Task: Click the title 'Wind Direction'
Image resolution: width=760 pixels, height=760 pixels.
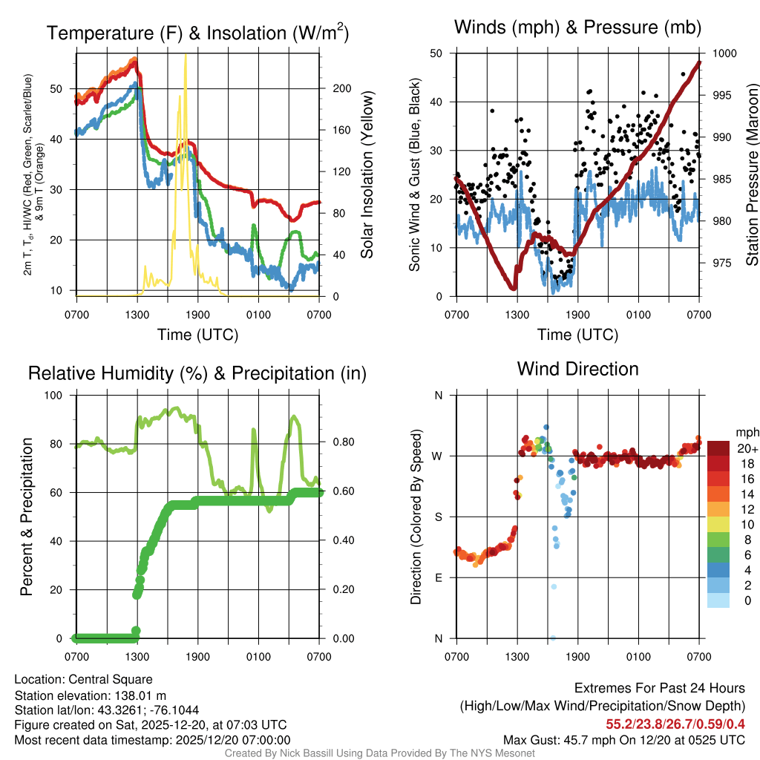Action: click(577, 369)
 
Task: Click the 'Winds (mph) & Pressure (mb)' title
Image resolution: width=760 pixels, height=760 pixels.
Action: click(577, 27)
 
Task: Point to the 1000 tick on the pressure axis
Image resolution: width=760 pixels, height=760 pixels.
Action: click(723, 53)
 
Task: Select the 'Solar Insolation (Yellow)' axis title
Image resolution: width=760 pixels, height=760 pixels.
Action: click(367, 175)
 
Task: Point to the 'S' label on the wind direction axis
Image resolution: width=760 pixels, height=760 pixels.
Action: click(438, 517)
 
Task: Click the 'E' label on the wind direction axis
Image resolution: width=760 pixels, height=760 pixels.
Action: click(438, 577)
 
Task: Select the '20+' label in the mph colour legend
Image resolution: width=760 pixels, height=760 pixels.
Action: click(747, 448)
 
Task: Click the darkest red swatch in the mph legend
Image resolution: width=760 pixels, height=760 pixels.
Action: click(718, 448)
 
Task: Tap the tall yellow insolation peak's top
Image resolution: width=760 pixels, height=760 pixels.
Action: click(186, 55)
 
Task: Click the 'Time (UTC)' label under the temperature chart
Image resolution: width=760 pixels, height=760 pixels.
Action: click(197, 335)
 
